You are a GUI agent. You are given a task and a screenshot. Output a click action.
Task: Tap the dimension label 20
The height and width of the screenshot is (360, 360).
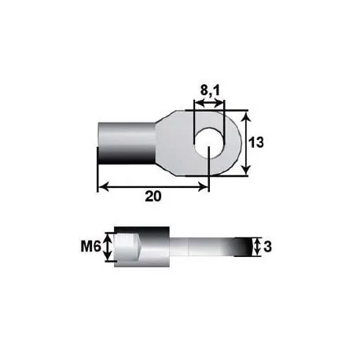[x=153, y=197]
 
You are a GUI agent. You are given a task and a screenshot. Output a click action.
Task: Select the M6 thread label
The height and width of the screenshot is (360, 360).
[x=91, y=247]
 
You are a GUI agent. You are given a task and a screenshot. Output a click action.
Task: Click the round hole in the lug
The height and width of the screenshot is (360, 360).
[x=209, y=144]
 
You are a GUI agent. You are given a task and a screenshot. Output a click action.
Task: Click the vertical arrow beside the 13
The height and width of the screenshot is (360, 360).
[x=247, y=144]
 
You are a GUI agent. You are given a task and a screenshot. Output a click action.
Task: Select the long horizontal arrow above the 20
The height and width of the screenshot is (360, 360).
[x=153, y=186]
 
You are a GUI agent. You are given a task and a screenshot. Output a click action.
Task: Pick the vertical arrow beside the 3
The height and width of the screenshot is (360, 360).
[x=257, y=247]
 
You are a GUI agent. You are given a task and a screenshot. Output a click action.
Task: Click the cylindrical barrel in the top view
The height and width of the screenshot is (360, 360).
[x=126, y=143]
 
